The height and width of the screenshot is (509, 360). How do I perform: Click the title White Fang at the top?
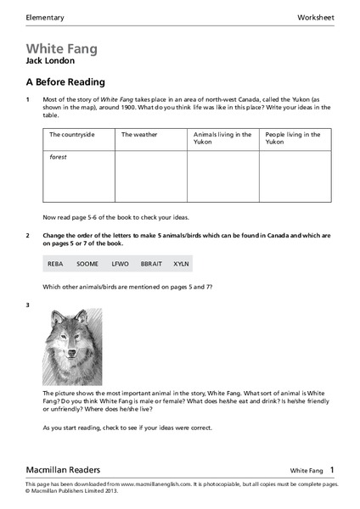click(x=61, y=49)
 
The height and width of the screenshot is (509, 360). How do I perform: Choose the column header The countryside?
click(x=70, y=134)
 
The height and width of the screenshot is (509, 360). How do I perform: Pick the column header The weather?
click(x=139, y=134)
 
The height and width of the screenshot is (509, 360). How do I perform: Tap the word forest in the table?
click(x=58, y=157)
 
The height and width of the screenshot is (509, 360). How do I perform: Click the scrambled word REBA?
click(x=55, y=264)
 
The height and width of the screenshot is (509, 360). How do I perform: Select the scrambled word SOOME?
click(x=87, y=264)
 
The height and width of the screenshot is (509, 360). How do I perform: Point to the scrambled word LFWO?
click(x=119, y=264)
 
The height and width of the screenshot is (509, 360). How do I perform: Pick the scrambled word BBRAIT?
click(x=151, y=264)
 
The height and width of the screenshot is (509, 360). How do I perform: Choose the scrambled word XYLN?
click(x=181, y=264)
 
